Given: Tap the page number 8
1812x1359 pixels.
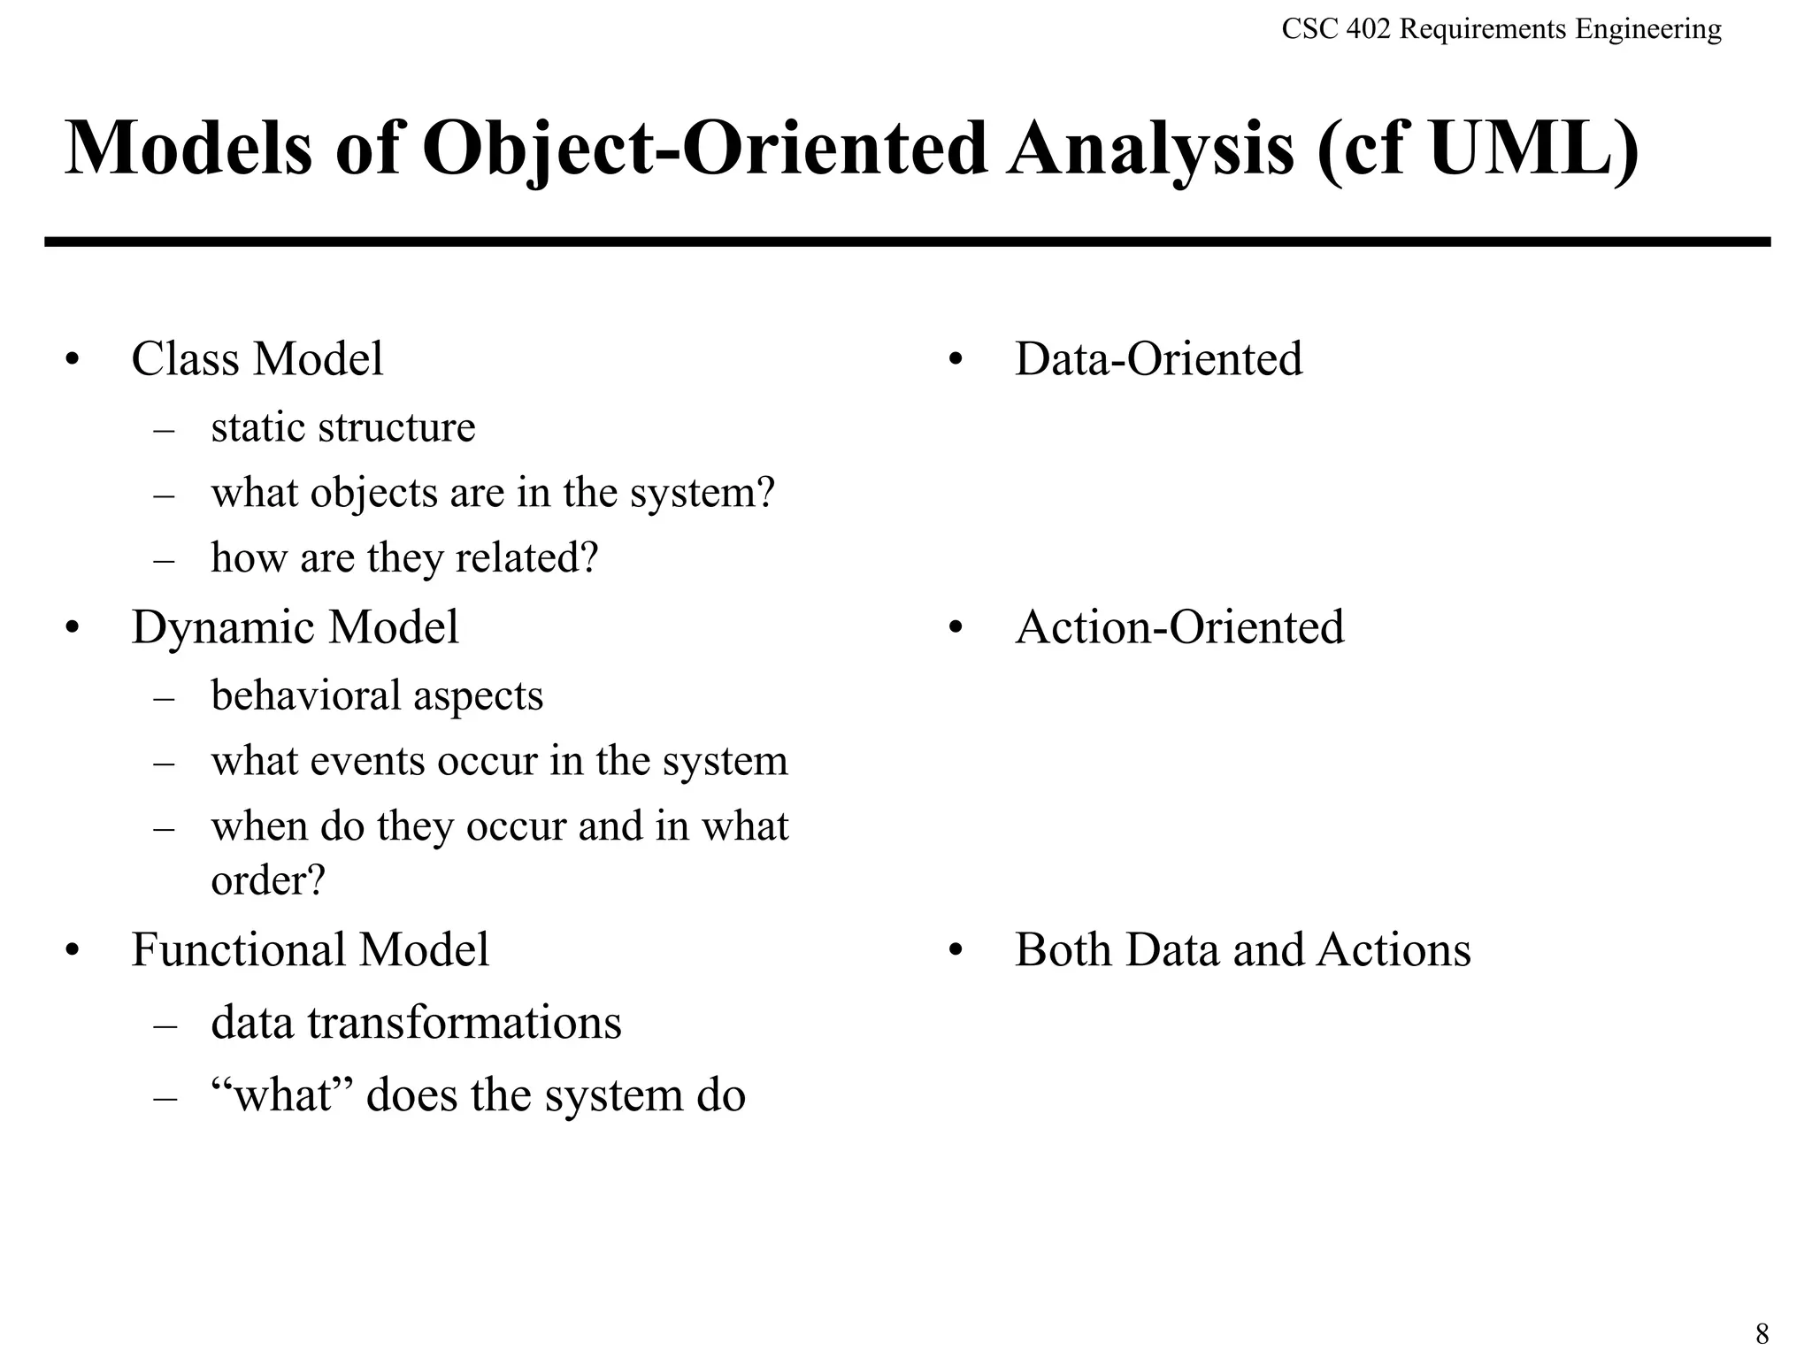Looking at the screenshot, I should coord(1762,1332).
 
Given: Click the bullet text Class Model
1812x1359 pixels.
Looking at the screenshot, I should coord(257,359).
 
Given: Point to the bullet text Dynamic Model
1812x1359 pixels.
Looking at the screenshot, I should coord(295,627).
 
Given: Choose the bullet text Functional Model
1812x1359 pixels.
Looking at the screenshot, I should coord(310,949).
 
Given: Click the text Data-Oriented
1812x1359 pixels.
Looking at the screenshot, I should coord(1158,359).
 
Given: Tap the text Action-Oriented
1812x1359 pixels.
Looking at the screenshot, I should coord(1179,627).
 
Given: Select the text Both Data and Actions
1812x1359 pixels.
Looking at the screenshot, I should coord(1242,949).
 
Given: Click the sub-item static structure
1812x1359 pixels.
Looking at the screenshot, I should coord(342,427).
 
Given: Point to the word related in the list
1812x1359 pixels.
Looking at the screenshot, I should coord(526,558).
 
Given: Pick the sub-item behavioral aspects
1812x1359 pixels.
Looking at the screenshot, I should coord(377,695).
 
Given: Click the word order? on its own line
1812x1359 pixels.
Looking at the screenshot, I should coord(268,879).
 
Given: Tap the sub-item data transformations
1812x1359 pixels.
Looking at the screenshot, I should coord(416,1023).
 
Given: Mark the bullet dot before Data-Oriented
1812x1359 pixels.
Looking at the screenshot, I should coord(955,361).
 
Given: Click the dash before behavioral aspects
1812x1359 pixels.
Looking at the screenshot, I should coord(164,698).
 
